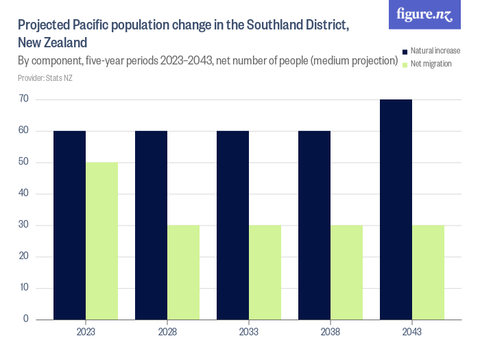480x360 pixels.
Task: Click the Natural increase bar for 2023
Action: coord(69,225)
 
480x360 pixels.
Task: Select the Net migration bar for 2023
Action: coord(101,241)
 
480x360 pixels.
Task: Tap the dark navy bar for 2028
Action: coord(151,225)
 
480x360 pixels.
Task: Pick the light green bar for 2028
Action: coord(183,272)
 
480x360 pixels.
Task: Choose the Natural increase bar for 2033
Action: coord(232,225)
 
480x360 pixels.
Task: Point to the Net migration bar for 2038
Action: coord(346,272)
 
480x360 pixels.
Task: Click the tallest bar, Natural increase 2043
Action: coord(396,209)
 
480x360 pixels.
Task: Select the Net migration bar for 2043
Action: coord(428,272)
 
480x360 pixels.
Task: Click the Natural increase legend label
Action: coord(435,51)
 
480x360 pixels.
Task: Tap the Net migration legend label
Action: coord(431,64)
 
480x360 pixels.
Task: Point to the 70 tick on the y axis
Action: coord(23,99)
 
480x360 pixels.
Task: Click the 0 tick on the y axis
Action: coord(26,319)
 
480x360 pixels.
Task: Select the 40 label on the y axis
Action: coord(23,193)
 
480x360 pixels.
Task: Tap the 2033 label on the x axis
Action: coord(249,332)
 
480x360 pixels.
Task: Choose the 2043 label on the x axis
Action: coord(412,332)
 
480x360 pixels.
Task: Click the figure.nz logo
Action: coord(424,15)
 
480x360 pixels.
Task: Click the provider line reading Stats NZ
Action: coord(45,78)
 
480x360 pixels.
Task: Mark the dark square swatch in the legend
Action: coord(405,51)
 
